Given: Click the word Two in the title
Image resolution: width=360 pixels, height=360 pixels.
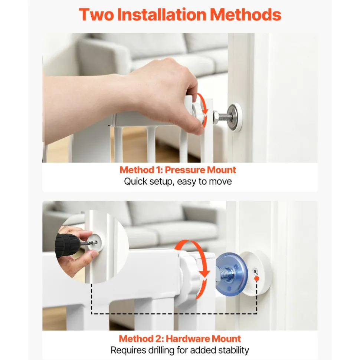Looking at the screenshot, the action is point(96,14).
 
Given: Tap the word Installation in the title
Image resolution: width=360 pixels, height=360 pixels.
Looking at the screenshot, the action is point(162,14).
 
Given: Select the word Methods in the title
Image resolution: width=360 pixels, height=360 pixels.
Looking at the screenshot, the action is point(246,14).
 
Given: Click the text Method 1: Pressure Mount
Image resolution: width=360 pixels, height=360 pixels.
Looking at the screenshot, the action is point(178,170).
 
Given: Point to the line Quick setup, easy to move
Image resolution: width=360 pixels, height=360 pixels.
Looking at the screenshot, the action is point(178,181).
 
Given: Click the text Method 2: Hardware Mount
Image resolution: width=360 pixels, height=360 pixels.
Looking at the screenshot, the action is point(180,338).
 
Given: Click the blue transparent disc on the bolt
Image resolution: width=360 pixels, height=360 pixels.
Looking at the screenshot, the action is point(231,273).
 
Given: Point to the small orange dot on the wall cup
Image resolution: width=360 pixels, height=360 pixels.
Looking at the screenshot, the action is point(257,278).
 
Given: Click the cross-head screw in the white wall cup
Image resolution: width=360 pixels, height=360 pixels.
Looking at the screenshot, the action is point(255,272).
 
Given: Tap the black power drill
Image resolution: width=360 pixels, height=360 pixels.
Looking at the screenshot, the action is point(67,245).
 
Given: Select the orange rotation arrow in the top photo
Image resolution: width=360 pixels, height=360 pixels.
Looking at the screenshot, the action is point(202,110).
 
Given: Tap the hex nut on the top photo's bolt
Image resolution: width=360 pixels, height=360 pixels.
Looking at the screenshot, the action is point(216,117).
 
